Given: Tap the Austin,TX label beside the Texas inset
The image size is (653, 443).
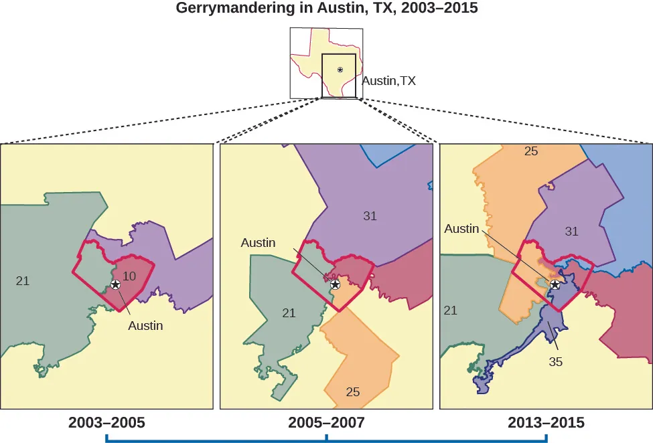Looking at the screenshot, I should (388, 81).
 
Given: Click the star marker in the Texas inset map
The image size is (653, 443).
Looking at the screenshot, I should (340, 70).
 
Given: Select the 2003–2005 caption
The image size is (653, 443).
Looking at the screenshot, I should (106, 423).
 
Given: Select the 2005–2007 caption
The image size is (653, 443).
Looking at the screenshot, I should (326, 423).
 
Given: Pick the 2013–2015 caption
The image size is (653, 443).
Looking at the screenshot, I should (546, 423).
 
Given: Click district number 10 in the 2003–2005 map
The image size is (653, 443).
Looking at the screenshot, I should (130, 276).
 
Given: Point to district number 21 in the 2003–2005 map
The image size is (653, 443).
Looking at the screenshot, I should (23, 281).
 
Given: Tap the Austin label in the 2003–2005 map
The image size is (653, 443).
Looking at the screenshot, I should (146, 327).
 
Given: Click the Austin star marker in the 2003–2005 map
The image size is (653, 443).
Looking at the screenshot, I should (116, 284).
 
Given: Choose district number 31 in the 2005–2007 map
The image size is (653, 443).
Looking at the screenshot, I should (370, 215).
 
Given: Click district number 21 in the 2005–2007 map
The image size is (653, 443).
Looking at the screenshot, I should (289, 312).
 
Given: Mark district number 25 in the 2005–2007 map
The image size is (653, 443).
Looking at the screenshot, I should (353, 392).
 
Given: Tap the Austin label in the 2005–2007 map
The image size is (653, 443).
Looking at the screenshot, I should (258, 243).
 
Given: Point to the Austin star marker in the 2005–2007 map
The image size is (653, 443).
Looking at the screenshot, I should (335, 284).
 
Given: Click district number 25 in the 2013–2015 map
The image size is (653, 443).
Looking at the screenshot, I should (531, 151).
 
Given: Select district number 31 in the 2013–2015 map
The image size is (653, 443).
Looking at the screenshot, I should (571, 232).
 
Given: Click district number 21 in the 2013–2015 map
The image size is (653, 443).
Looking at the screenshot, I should (451, 310).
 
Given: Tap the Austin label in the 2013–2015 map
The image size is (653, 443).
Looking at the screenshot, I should (461, 229).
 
